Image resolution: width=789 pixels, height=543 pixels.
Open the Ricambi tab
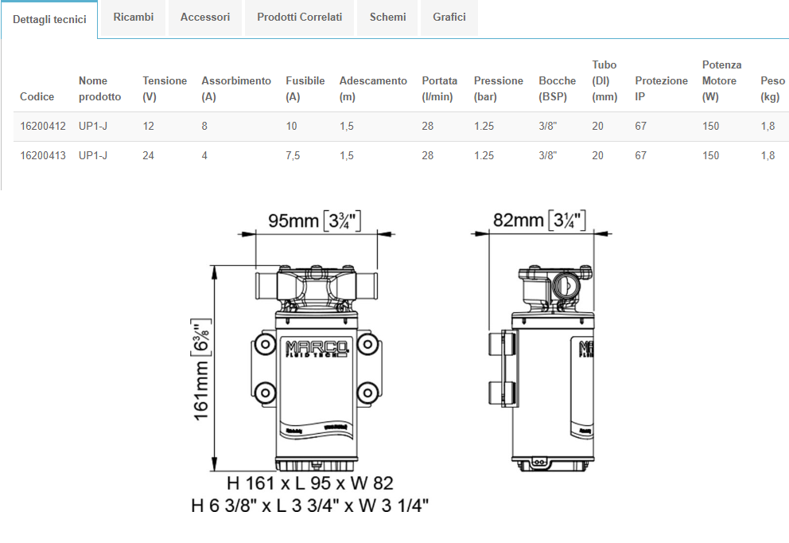134,18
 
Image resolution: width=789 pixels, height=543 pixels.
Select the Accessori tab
205,18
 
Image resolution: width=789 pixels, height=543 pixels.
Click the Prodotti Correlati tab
299,18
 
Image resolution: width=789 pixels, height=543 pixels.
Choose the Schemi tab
387,18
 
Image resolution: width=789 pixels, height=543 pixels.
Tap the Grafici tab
449,18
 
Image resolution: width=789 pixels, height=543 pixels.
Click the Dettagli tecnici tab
49,20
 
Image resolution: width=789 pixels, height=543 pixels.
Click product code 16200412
43,126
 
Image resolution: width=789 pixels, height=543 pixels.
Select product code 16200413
43,155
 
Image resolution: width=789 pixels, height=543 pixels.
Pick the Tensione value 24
149,155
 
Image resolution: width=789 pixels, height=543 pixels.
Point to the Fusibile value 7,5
293,155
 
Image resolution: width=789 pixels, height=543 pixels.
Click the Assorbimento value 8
204,126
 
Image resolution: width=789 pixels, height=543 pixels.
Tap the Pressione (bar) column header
498,88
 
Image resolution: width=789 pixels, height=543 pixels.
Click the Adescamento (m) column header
373,88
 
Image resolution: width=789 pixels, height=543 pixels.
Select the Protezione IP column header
661,88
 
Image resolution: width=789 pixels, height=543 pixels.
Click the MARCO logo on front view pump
317,349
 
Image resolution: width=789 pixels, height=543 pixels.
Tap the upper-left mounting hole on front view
265,345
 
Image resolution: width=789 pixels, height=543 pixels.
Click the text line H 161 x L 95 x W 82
310,483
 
